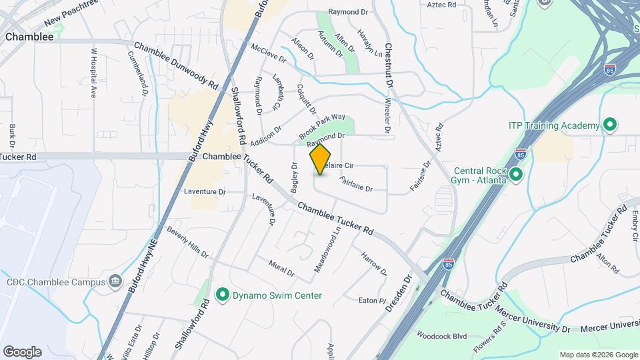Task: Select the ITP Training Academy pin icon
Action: click(609, 125)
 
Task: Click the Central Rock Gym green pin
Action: click(515, 175)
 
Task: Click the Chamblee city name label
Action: click(29, 37)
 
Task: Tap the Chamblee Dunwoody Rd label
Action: click(176, 67)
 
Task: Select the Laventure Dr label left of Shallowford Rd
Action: click(205, 192)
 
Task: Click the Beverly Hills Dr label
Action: click(188, 245)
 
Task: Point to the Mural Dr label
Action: click(281, 268)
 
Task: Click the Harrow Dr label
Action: click(373, 263)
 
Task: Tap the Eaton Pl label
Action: click(372, 301)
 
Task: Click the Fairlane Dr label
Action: click(355, 185)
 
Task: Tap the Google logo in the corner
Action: click(22, 352)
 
